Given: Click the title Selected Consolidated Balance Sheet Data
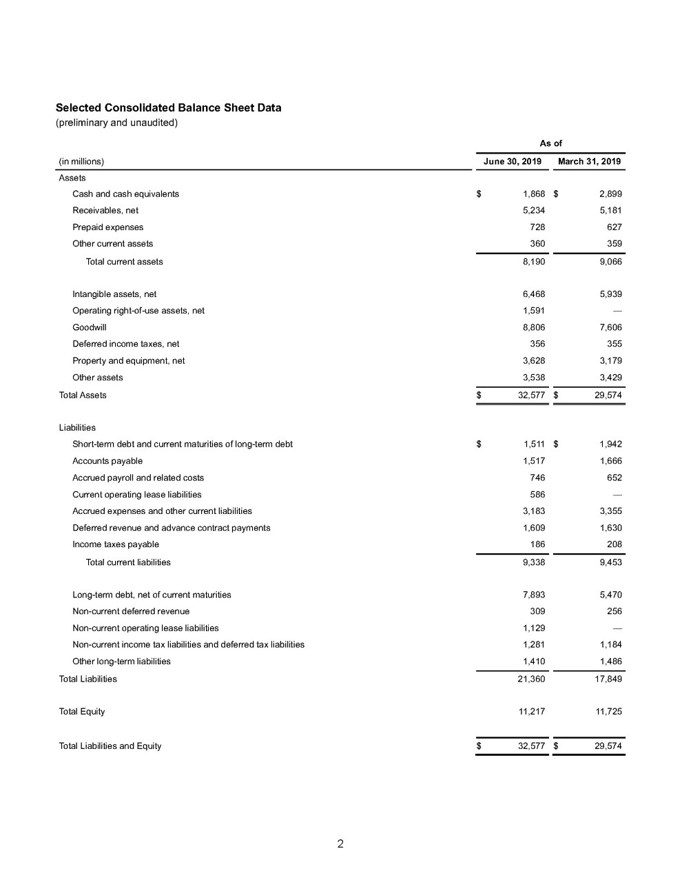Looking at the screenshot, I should click(x=168, y=108).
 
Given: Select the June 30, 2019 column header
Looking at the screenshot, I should click(x=512, y=162).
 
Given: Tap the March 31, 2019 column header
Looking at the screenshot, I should click(x=589, y=162).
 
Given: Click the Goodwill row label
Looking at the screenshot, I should click(x=90, y=327).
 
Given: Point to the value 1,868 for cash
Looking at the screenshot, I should click(x=534, y=194).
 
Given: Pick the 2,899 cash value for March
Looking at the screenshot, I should click(x=610, y=194).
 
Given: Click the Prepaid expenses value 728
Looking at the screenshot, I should click(x=537, y=227).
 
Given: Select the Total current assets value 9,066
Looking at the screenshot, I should click(x=610, y=262).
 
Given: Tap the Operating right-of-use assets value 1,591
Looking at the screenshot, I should click(x=534, y=311).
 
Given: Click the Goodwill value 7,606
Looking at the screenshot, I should click(x=610, y=327).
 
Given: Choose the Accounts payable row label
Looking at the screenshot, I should click(x=107, y=461).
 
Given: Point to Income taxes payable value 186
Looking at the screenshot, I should click(x=537, y=544).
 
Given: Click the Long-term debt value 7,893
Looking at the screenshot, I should click(x=534, y=595).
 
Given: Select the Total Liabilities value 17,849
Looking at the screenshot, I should click(x=608, y=679).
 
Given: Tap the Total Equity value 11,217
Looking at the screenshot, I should click(x=532, y=711).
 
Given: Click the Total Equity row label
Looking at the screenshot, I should click(x=82, y=711).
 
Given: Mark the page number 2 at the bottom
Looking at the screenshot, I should click(x=340, y=844).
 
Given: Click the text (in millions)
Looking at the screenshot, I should click(x=81, y=162).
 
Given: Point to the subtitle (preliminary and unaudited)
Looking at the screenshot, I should click(x=116, y=123).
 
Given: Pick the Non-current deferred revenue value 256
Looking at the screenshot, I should click(x=614, y=611).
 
